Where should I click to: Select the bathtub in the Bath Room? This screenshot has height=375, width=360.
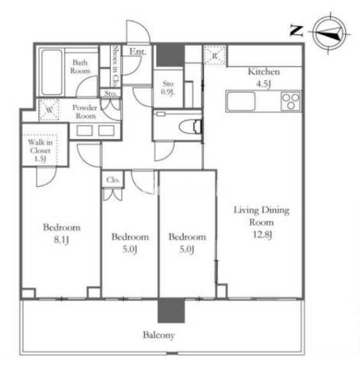pos(52,72)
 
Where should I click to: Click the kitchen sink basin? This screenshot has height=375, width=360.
pos(241,101)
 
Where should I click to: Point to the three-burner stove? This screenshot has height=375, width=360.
pos(290,101)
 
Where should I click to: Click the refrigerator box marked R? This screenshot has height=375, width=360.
pos(215,56)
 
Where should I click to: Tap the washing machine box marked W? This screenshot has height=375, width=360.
pos(49,110)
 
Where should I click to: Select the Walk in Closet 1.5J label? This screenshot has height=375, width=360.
pos(40,150)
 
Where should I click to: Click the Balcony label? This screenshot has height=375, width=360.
pos(159,335)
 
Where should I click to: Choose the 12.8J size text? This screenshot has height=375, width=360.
pos(262,235)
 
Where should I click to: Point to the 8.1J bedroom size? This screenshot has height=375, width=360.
pos(61,239)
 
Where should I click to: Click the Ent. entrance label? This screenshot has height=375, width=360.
pos(137,52)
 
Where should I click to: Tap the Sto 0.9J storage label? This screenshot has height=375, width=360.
pos(168,88)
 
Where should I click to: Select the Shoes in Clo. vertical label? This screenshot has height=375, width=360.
pos(116,66)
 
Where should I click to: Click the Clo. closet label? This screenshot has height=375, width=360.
pos(113,180)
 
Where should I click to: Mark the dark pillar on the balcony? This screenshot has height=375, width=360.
pos(171,310)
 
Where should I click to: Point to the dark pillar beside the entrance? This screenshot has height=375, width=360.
pos(170,55)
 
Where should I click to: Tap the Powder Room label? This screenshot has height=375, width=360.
pos(85,112)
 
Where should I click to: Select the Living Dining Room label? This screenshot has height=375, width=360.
pos(262,216)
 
